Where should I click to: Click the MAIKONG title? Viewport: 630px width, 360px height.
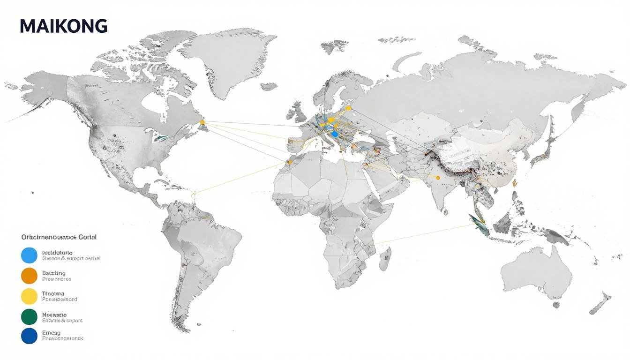tap(64, 26)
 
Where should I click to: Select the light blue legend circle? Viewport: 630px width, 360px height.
tap(29, 255)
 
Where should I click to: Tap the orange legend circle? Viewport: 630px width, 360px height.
tap(29, 276)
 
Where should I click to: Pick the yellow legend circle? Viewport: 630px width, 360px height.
tap(29, 296)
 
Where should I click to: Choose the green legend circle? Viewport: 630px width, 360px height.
tap(29, 317)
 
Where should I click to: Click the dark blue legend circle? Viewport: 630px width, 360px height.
tap(29, 336)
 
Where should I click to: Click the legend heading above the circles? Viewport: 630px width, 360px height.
tap(59, 237)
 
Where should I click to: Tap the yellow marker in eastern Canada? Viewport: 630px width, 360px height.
tap(202, 122)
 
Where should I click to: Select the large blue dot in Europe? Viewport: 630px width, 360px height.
tap(334, 134)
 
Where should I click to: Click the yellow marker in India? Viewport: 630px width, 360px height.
tap(438, 178)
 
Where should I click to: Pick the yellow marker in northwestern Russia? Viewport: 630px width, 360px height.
tap(348, 108)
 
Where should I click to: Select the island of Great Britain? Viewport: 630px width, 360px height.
tap(297, 112)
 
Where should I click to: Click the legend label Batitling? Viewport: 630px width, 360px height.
tap(54, 273)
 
